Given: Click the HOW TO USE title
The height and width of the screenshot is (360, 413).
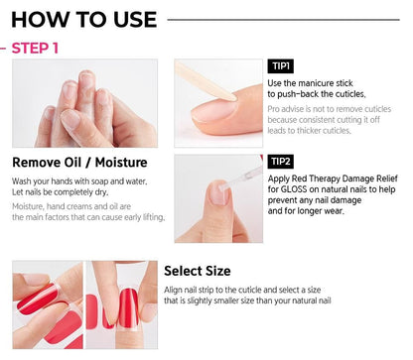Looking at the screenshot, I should (x=83, y=19).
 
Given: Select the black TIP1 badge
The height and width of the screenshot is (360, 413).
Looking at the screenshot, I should (x=280, y=66).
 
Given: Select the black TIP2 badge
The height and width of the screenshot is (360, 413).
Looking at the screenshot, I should (x=280, y=162).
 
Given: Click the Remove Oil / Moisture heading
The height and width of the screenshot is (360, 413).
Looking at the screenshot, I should (x=79, y=163).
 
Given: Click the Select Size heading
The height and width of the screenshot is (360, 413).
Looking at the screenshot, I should (x=197, y=271).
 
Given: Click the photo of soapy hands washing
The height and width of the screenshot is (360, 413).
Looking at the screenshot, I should (x=84, y=102).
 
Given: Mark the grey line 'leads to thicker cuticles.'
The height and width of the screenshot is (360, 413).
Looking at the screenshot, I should (x=309, y=130).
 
